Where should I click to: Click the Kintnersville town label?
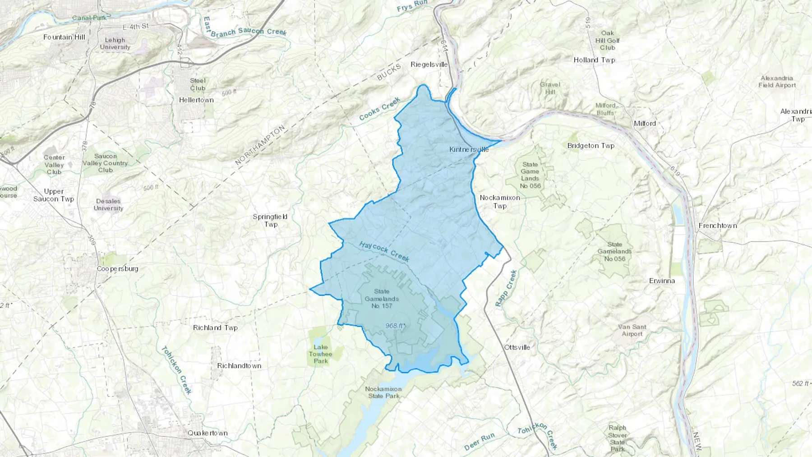(x=469, y=149)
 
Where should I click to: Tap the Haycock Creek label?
(x=384, y=251)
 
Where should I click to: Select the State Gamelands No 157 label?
(x=382, y=299)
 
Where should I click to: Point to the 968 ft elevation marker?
(x=395, y=326)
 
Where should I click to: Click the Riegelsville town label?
(x=429, y=65)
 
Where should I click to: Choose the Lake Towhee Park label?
(x=321, y=354)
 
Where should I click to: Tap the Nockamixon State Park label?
(x=383, y=392)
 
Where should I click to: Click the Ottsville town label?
(x=517, y=347)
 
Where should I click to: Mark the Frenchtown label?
(x=718, y=226)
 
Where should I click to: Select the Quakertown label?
(x=208, y=433)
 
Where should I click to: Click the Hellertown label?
(x=196, y=100)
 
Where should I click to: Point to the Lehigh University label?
(x=115, y=43)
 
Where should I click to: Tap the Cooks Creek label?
(x=379, y=109)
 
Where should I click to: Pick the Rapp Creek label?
(x=506, y=288)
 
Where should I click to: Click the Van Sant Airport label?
(x=632, y=330)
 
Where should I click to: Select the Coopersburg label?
(x=117, y=269)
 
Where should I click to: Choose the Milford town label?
(x=645, y=123)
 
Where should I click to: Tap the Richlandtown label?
(x=239, y=366)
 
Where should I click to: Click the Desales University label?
(x=108, y=205)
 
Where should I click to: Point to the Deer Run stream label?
(x=479, y=441)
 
